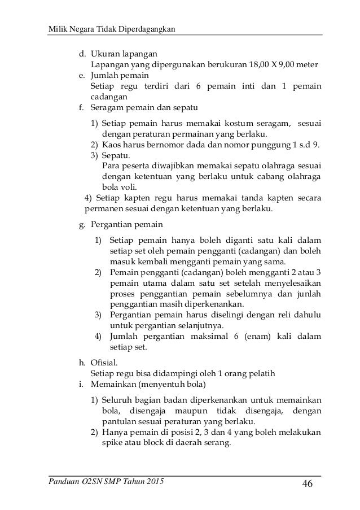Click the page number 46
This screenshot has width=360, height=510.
coord(308,485)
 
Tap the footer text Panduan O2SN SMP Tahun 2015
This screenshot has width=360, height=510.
coord(100,482)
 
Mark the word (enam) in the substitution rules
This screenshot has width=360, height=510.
coord(241,337)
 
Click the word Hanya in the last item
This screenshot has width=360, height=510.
coord(115,433)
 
